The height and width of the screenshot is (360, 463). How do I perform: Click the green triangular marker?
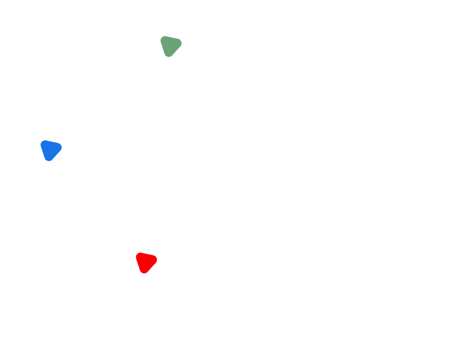(170, 46)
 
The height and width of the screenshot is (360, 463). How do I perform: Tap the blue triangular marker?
(50, 150)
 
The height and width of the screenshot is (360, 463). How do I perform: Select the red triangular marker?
(146, 262)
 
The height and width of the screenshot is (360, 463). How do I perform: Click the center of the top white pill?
(298, 72)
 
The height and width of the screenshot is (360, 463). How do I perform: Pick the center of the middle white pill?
(161, 179)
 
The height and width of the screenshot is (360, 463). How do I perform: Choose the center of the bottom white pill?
(257, 291)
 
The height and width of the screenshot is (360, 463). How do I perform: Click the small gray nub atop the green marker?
(164, 35)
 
